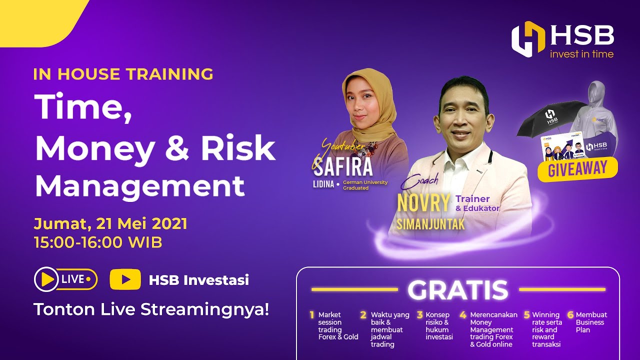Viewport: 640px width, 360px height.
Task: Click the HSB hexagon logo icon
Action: [x=528, y=39]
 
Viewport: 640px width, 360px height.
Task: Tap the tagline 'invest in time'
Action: [x=581, y=54]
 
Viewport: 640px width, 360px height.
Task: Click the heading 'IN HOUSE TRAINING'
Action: [x=123, y=74]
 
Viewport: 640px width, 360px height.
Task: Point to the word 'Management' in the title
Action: [x=140, y=185]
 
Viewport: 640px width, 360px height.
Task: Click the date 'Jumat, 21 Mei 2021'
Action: [x=110, y=223]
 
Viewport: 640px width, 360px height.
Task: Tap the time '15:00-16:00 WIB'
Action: [x=98, y=242]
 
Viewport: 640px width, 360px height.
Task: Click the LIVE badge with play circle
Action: [x=65, y=279]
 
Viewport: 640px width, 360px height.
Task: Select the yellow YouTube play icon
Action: [x=125, y=279]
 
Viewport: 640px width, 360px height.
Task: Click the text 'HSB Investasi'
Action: [x=198, y=280]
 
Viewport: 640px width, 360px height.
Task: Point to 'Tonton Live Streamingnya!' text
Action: [x=151, y=309]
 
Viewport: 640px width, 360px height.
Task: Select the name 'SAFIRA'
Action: [x=343, y=166]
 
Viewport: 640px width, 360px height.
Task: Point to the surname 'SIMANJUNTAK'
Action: [x=430, y=224]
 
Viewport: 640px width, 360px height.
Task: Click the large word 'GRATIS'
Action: [x=457, y=290]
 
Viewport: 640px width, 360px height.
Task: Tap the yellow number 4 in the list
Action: [x=463, y=315]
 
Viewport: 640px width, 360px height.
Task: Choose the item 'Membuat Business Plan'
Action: [x=591, y=322]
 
